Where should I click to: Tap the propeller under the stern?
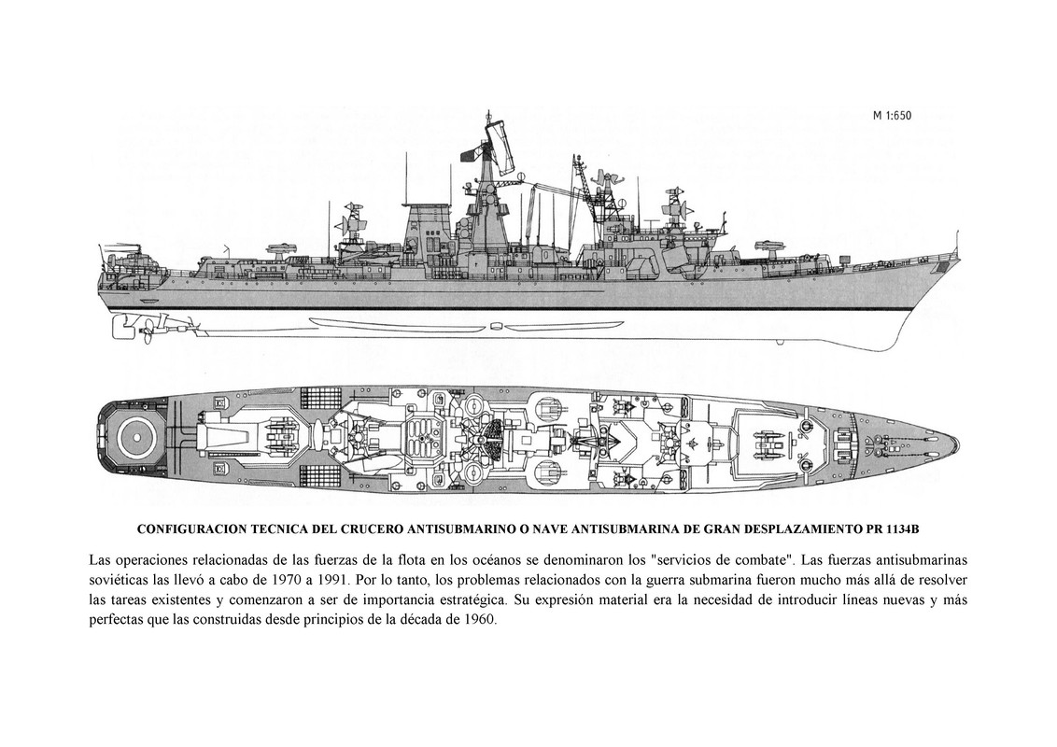click(x=121, y=328)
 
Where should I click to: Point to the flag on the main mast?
click(x=464, y=152)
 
